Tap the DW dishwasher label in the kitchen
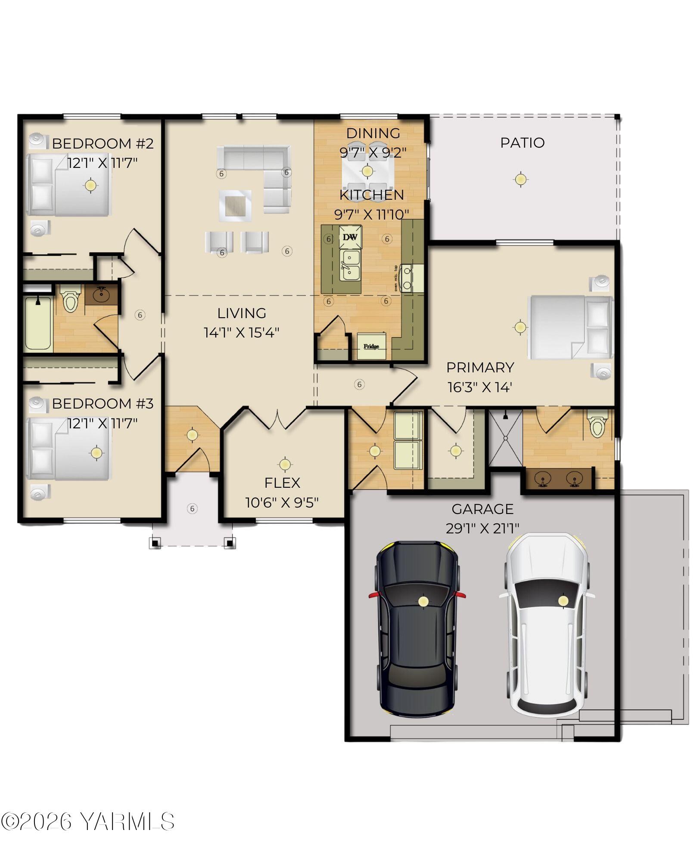pyautogui.click(x=350, y=237)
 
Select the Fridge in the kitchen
pyautogui.click(x=371, y=346)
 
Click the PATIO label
pyautogui.click(x=522, y=142)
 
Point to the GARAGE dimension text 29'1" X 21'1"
pyautogui.click(x=482, y=528)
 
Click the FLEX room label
pyautogui.click(x=282, y=483)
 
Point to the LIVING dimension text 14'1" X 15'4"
pyautogui.click(x=241, y=332)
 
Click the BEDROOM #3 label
pyautogui.click(x=103, y=403)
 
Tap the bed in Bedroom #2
pyautogui.click(x=69, y=185)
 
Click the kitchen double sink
pyautogui.click(x=350, y=266)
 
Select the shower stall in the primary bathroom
pyautogui.click(x=505, y=438)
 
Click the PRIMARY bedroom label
pyautogui.click(x=480, y=367)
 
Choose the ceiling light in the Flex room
pyautogui.click(x=284, y=464)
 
